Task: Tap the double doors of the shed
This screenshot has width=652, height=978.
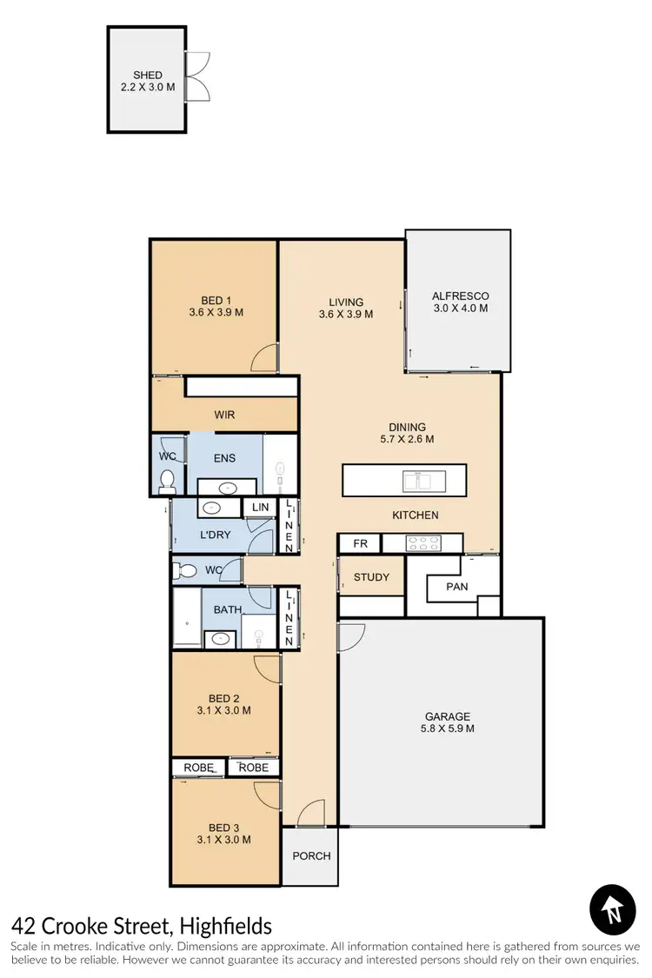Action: click(197, 76)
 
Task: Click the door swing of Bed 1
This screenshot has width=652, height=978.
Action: click(265, 359)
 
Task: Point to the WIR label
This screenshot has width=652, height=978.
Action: click(224, 415)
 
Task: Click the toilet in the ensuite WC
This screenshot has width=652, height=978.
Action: click(168, 479)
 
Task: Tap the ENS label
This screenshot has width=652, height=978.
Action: click(224, 458)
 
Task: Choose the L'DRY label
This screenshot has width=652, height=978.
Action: click(215, 535)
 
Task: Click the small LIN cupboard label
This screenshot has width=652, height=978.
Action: click(260, 508)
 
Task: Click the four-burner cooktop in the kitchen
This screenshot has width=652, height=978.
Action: click(422, 543)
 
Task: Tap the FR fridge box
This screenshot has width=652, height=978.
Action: click(359, 544)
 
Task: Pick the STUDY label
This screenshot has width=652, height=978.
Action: click(371, 577)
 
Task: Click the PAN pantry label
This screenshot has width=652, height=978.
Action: click(456, 587)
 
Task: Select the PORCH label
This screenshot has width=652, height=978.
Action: click(311, 855)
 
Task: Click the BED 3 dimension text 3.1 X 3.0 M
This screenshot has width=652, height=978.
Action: click(223, 840)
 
